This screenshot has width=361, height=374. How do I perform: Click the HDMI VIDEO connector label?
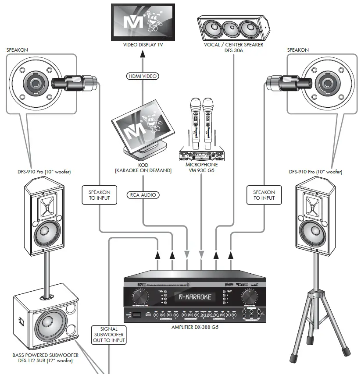tap(142, 76)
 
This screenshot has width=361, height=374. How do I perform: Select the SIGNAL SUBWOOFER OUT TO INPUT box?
tap(109, 334)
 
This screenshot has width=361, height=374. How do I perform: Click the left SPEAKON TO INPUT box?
tap(99, 195)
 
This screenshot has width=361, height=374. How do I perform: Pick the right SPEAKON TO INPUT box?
tap(264, 195)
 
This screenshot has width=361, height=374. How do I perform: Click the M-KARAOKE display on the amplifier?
tap(195, 297)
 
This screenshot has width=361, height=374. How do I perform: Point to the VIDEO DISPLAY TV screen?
tap(143, 22)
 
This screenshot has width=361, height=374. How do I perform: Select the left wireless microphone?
tap(193, 118)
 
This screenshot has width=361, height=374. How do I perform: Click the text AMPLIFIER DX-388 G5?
tap(195, 327)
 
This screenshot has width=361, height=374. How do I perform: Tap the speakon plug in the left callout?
tap(73, 82)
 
